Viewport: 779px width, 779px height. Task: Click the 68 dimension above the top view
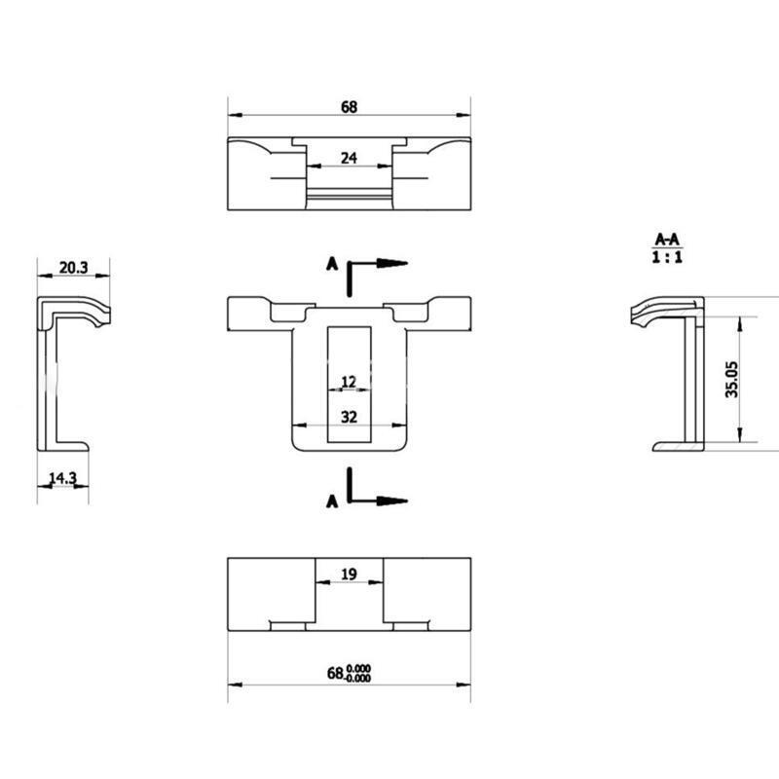349,107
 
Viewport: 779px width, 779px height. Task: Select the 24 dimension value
349,158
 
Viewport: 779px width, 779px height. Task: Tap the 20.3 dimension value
74,268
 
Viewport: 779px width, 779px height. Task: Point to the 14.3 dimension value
62,478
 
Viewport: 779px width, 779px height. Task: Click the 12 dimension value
349,382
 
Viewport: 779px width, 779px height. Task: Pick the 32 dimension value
349,417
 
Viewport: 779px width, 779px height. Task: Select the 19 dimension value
349,575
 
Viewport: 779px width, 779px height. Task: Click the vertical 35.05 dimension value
732,379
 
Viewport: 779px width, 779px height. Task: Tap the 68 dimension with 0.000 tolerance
349,673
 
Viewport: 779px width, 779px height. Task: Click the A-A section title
667,240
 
